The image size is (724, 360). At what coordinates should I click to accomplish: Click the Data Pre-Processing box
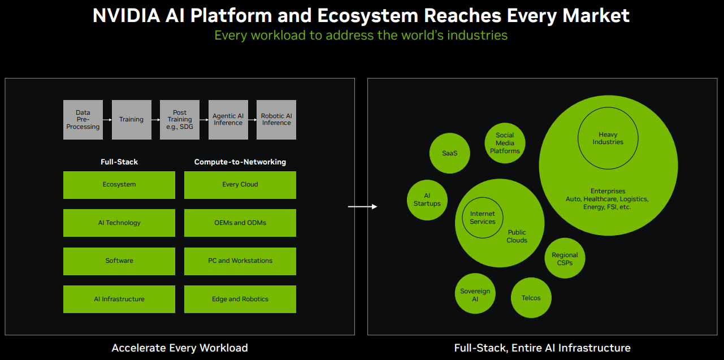[x=83, y=120]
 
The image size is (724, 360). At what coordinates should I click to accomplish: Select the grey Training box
[x=131, y=120]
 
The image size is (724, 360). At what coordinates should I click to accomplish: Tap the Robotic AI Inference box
[x=276, y=120]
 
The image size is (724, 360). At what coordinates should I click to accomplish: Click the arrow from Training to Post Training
[x=155, y=120]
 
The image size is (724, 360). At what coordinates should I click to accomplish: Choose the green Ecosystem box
[x=119, y=185]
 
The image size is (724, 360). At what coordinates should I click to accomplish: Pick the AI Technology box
[x=119, y=223]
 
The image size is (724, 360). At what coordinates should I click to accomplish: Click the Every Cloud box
[x=240, y=185]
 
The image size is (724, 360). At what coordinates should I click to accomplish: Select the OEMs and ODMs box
[x=240, y=223]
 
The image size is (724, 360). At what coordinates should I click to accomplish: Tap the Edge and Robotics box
[x=240, y=299]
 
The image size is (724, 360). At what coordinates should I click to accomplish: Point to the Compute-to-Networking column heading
[x=240, y=162]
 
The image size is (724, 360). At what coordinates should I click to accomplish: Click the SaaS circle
[x=450, y=153]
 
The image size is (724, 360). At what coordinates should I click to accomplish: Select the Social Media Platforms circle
[x=505, y=143]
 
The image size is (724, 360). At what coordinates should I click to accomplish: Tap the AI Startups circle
[x=427, y=200]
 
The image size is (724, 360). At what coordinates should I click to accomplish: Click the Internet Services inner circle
[x=483, y=218]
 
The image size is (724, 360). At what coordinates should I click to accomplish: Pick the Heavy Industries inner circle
[x=608, y=138]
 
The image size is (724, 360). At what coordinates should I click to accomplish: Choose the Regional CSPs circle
[x=565, y=259]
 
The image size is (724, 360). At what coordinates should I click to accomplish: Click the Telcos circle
[x=531, y=298]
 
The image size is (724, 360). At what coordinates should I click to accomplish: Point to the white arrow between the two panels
[x=362, y=207]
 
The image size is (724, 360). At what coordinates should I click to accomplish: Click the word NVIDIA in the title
[x=127, y=15]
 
